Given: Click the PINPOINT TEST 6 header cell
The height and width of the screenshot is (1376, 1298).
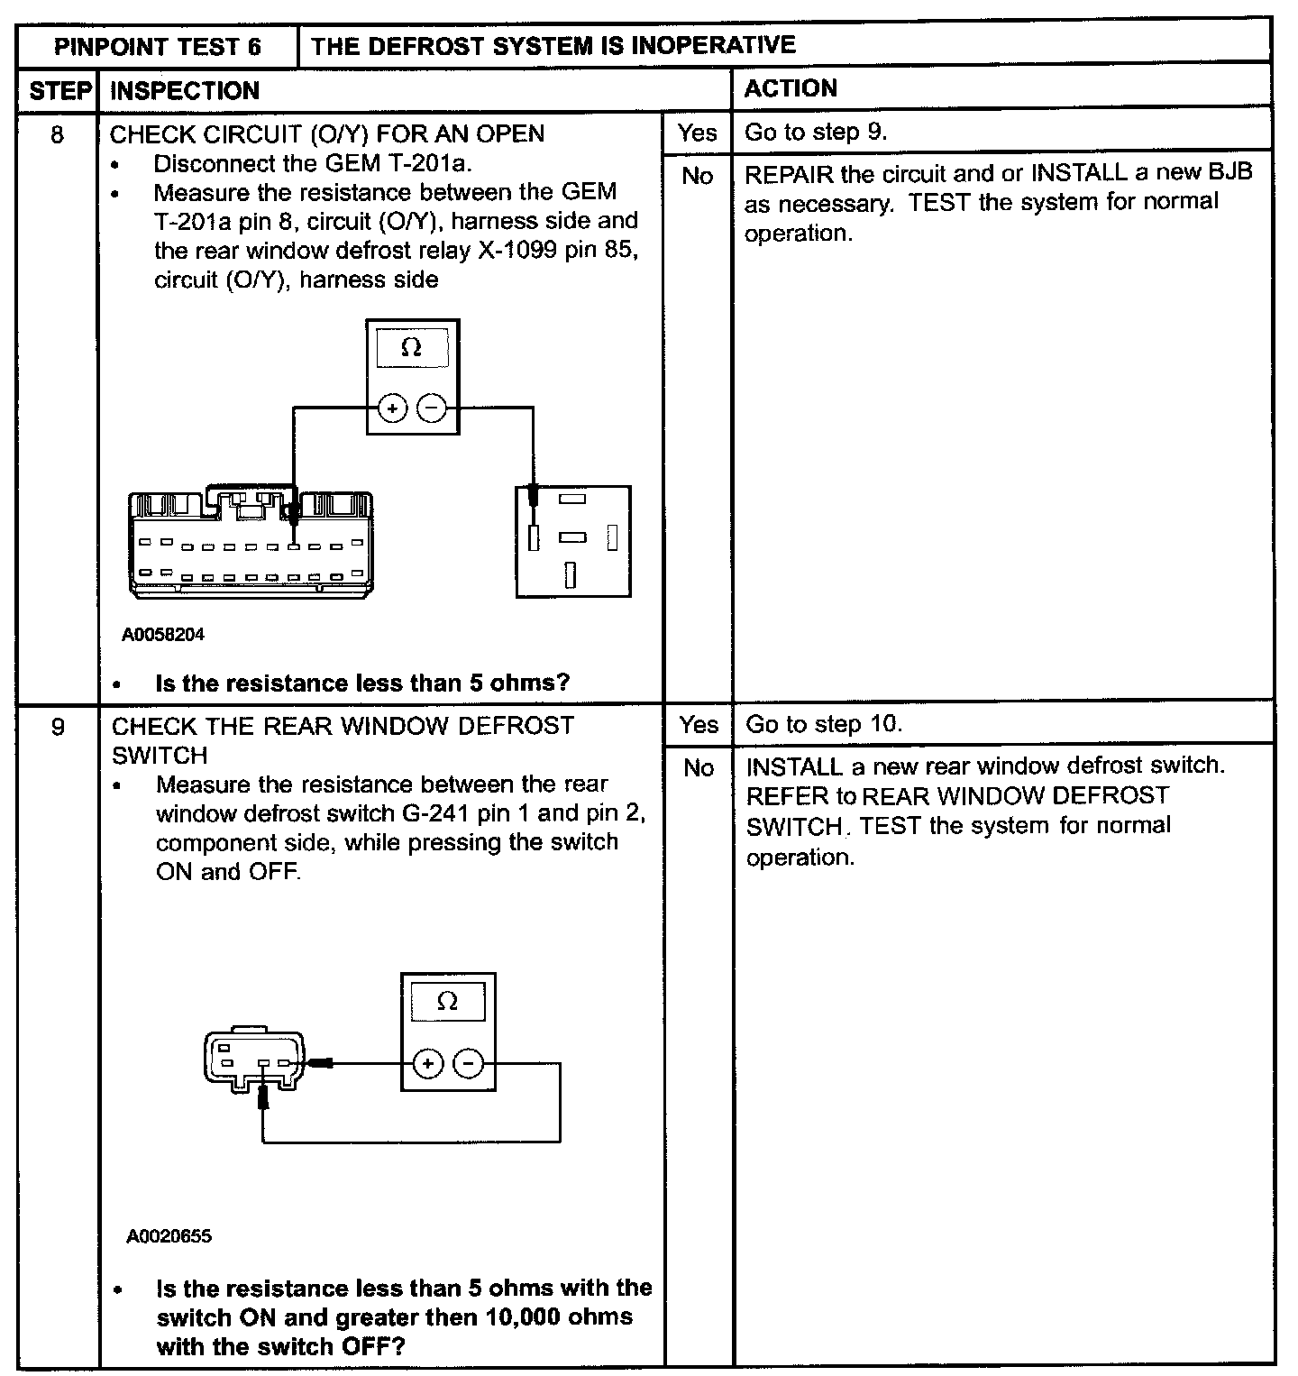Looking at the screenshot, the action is pos(158,46).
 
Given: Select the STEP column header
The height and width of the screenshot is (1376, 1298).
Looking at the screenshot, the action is pos(60,90).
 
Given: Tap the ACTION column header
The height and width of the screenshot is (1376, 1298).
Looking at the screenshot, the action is pos(791,88).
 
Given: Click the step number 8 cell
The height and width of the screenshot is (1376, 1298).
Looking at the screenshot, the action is pos(58,135).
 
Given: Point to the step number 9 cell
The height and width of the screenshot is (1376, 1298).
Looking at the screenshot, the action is pos(58,727).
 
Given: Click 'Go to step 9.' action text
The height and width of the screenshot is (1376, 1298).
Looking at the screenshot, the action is pos(816,133).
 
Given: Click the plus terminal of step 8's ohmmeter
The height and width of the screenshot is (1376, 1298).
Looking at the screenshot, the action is pos(392,409).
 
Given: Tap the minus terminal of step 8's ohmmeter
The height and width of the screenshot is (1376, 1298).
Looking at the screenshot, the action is pos(433,409).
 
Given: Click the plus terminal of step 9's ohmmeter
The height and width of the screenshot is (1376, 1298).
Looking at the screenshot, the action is pos(427,1065).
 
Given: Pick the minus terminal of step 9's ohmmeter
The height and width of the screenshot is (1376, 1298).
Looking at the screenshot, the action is pos(468,1065).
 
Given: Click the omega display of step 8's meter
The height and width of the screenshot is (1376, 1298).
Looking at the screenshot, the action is pos(411,348).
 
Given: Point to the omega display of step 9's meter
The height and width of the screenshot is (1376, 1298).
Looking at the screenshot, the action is pos(447,1002).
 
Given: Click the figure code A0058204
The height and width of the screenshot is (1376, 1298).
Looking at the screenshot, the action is pos(163,635).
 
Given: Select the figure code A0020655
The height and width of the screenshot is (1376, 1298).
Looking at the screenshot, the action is pos(169,1236).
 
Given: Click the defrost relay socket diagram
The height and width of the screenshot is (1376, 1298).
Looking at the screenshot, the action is pos(573,541).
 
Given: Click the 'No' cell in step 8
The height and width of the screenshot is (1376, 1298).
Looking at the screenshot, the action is pos(697,176).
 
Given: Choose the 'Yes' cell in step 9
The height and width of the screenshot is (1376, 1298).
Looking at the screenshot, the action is pos(699,724).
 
